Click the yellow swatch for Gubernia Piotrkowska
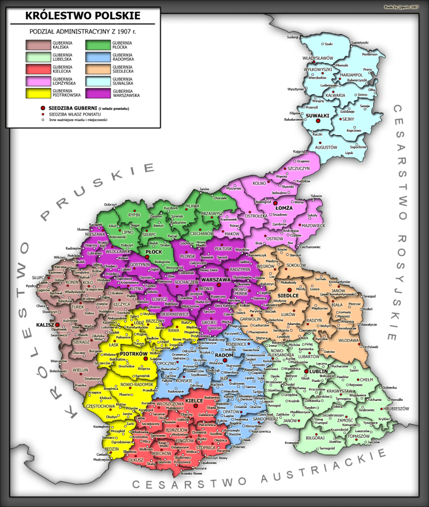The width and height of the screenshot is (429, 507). click(38, 93)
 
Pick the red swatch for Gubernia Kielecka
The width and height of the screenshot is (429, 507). click(38, 68)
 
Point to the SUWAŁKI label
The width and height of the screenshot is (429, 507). click(316, 115)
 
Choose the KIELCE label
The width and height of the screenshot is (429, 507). click(194, 401)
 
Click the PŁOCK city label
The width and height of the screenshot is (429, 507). click(153, 252)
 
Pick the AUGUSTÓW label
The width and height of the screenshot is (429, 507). click(326, 147)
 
